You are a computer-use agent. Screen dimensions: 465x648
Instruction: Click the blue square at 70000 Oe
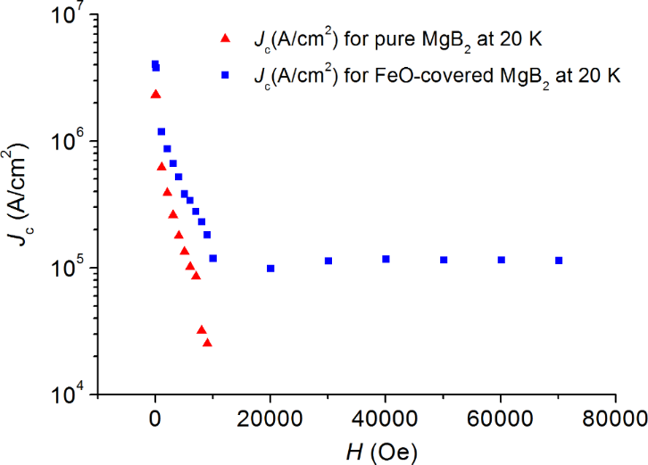(559, 261)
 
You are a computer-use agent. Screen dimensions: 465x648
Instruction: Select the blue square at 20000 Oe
(270, 268)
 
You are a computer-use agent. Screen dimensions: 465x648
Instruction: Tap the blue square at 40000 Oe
(386, 259)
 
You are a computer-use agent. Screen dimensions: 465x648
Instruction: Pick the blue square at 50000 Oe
(444, 260)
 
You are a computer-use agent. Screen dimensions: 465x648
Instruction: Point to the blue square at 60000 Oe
(501, 260)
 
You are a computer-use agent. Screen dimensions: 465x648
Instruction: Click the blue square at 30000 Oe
(328, 261)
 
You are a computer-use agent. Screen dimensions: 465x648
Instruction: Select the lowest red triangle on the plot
(207, 342)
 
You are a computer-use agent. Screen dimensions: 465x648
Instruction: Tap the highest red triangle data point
(155, 94)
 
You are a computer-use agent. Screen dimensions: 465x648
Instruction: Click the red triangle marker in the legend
(225, 38)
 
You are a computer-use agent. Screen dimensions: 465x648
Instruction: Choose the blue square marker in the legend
(225, 76)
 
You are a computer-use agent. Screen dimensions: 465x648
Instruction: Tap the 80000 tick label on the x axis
(616, 417)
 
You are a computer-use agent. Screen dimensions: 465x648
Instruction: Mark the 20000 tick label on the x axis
(270, 417)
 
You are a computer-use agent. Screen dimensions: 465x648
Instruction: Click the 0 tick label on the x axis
(155, 417)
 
